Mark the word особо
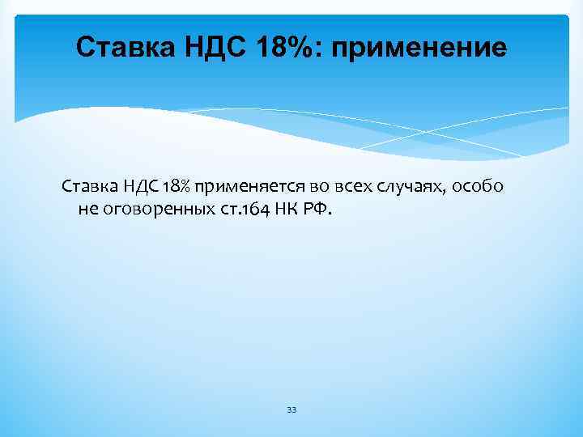(478, 187)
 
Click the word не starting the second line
(87, 210)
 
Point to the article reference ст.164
(236, 210)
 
